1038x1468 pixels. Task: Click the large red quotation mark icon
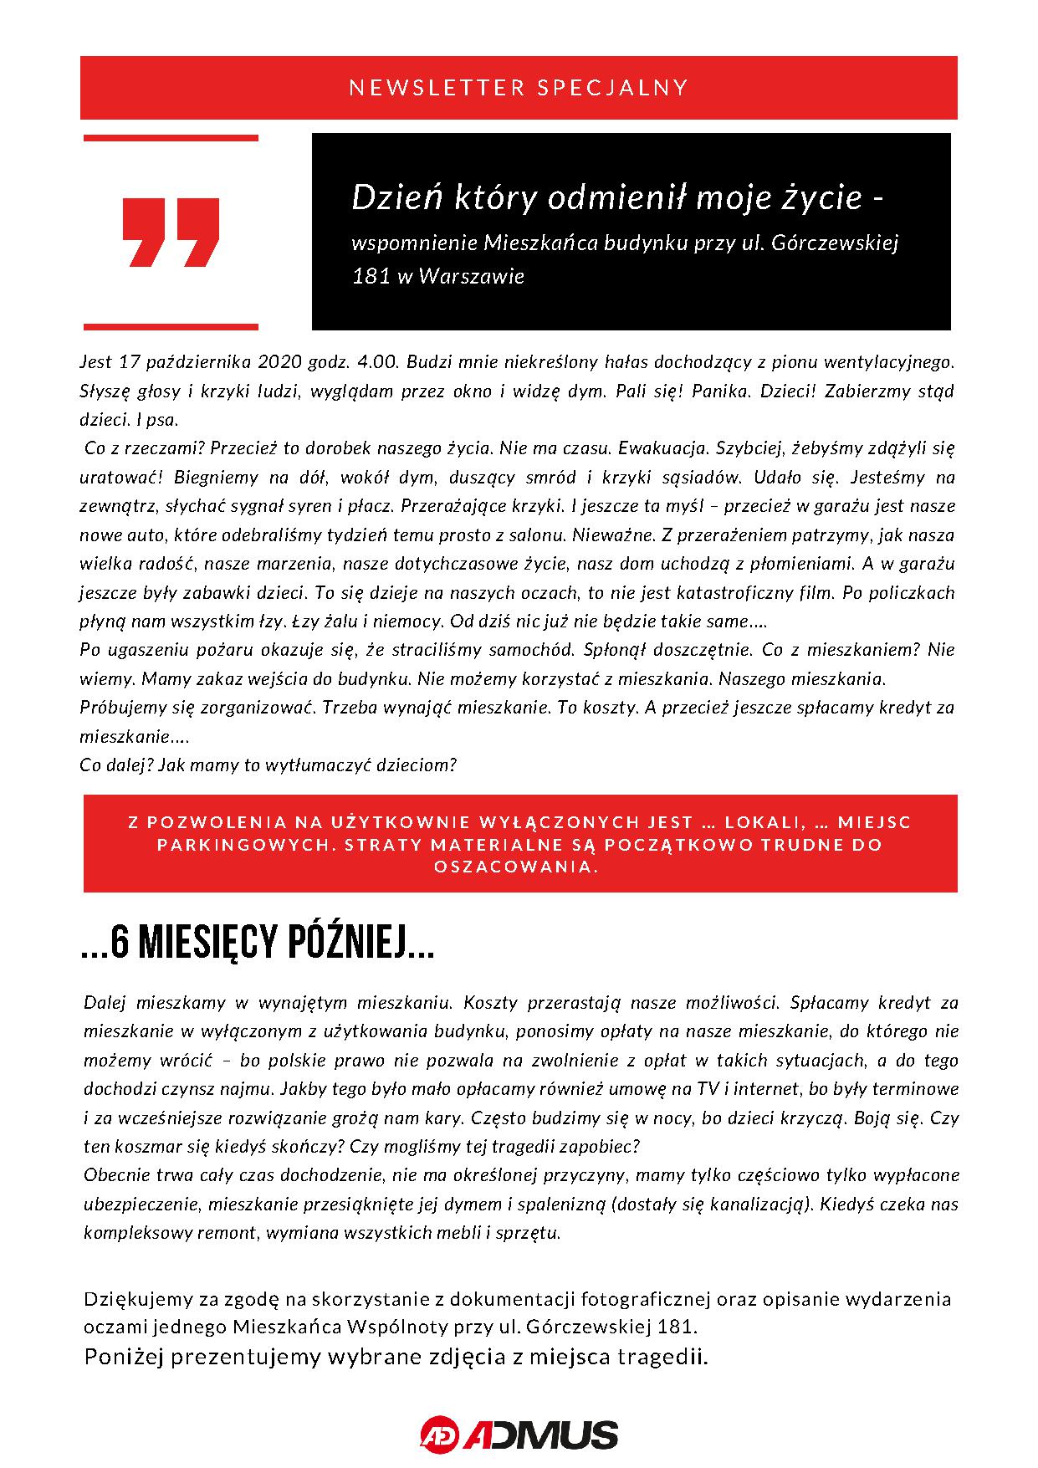171,233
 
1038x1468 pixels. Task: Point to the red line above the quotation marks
171,138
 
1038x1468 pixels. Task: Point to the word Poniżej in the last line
120,1357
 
